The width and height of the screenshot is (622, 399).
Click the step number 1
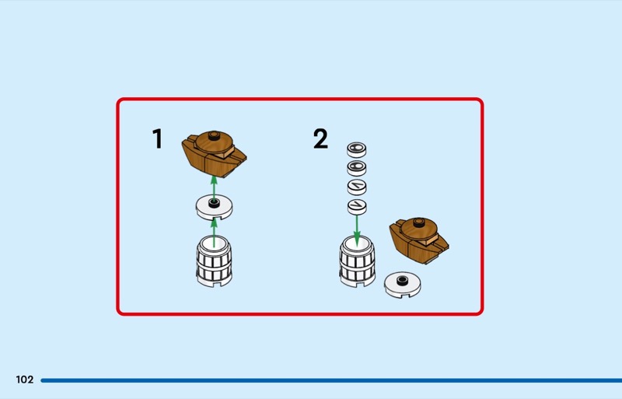(158, 140)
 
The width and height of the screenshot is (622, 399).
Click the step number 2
(320, 140)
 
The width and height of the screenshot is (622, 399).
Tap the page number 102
(24, 380)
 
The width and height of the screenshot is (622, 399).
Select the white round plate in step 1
(214, 206)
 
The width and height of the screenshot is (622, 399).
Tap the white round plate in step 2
(404, 284)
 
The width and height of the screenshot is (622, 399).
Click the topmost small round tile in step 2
(357, 148)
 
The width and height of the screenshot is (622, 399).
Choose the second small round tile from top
(357, 167)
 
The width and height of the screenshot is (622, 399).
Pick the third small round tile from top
(357, 187)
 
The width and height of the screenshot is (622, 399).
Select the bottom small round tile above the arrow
(357, 206)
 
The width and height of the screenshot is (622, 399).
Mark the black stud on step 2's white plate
(402, 280)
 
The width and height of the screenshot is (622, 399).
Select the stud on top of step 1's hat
(216, 138)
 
